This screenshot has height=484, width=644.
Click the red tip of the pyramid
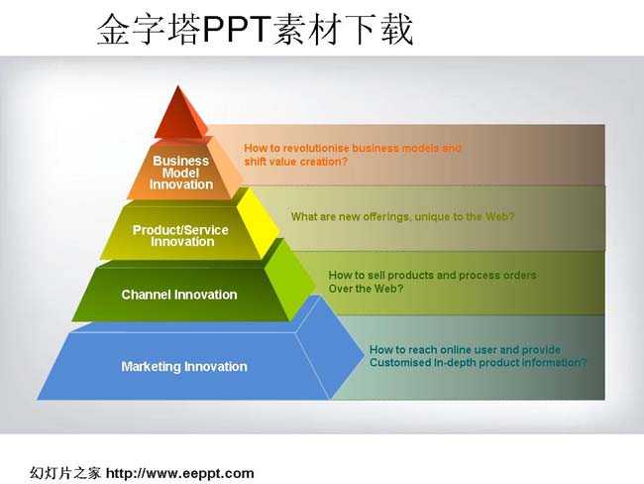179,113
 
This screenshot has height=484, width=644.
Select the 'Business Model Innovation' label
181,173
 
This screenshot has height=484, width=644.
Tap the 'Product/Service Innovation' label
180,236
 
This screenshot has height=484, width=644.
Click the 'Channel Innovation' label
179,295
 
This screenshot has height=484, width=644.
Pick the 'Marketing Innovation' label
184,366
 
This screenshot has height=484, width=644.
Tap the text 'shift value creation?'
295,162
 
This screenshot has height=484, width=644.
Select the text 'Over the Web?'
366,289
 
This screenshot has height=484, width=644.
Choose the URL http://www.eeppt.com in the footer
180,473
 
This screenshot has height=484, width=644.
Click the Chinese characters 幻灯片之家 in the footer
64,473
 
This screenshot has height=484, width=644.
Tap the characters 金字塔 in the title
149,29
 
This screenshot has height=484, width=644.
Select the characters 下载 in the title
378,29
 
